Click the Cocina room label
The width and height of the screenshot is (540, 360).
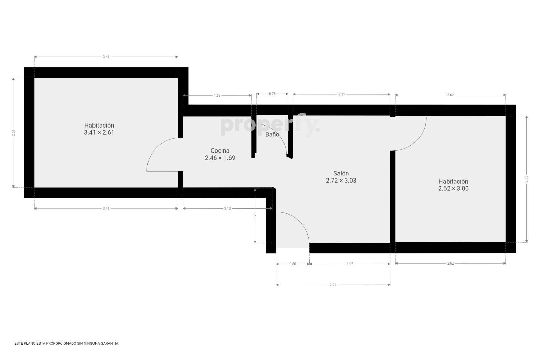[220, 154]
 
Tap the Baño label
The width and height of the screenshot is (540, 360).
[272, 135]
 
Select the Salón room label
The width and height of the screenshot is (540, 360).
[341, 177]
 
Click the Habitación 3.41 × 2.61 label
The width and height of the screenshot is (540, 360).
[99, 129]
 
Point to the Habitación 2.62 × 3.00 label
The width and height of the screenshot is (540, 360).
[453, 185]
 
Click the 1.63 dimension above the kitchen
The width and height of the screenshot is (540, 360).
[217, 96]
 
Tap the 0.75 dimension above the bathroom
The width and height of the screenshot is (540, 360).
[272, 94]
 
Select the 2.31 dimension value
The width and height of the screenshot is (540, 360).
[341, 94]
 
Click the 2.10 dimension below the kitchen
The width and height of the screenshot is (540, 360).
[227, 209]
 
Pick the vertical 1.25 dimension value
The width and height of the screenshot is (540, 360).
[255, 216]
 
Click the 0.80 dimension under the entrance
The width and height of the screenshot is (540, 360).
[293, 264]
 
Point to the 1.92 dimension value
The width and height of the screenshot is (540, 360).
[350, 264]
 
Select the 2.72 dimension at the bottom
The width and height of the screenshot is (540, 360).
[333, 285]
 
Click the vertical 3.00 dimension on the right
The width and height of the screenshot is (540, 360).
[526, 179]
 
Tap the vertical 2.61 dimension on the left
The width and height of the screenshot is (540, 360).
[13, 133]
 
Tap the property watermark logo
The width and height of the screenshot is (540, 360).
[270, 125]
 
